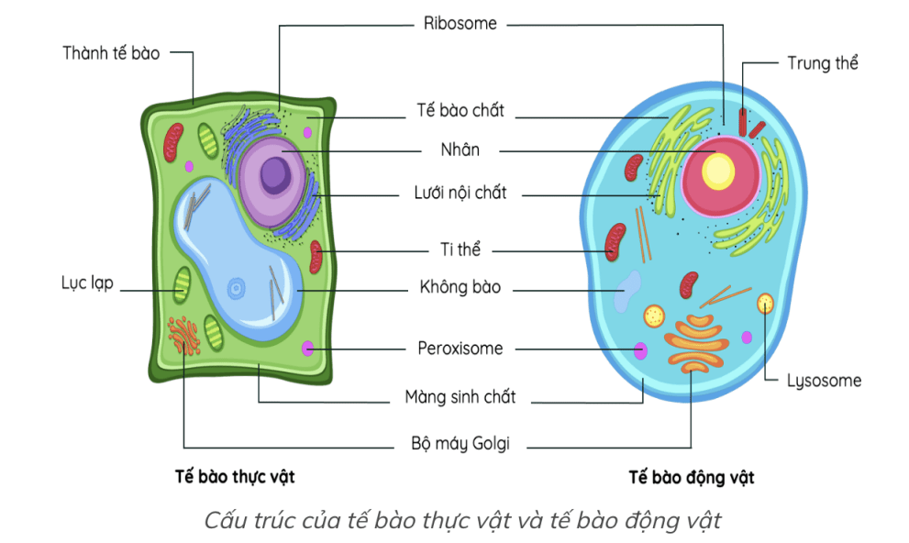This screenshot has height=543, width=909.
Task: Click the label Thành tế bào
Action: click(111, 53)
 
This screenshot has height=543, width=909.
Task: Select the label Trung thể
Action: click(822, 63)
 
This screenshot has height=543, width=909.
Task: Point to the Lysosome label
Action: click(824, 381)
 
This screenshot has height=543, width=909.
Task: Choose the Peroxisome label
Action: click(460, 349)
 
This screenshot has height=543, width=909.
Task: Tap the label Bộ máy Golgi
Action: click(460, 445)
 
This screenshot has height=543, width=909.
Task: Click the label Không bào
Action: click(460, 287)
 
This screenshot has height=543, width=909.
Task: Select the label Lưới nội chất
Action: click(460, 194)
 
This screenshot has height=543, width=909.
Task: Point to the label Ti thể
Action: click(460, 249)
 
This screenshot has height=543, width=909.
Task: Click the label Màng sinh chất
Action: click(460, 397)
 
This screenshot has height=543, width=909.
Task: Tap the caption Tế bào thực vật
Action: click(235, 477)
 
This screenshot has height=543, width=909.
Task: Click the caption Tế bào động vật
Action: click(692, 478)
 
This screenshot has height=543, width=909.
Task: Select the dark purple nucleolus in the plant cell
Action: click(273, 174)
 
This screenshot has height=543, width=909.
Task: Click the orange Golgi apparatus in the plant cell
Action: click(184, 335)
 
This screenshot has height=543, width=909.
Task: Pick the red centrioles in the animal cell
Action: click(749, 125)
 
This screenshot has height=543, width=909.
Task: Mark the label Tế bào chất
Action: click(460, 111)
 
